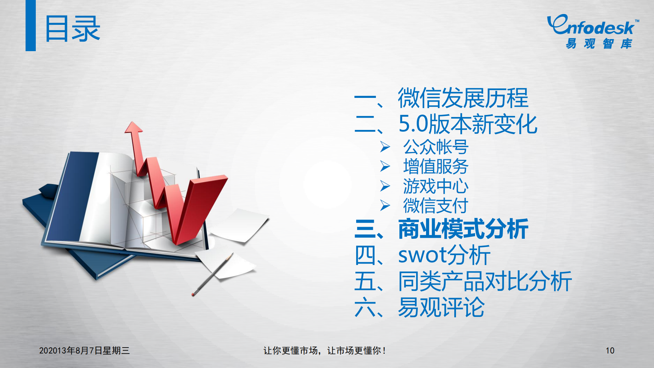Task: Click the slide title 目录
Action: pos(73,29)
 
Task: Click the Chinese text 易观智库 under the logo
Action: pos(599,44)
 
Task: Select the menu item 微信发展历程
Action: pos(463,98)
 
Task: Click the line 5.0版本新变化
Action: pos(468,124)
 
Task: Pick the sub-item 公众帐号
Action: pos(436,147)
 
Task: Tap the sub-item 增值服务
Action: pos(436,167)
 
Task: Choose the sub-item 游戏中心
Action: pos(436,186)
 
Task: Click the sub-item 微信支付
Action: pos(436,206)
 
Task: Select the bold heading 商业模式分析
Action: pos(463,229)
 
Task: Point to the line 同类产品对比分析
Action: pos(485,281)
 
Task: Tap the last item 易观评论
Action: pos(441,307)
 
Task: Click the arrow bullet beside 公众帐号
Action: pos(385,147)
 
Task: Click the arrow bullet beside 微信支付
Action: pos(385,206)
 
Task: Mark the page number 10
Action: pos(610,351)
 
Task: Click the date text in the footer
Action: pos(84,351)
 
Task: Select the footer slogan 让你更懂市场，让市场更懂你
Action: pos(324,351)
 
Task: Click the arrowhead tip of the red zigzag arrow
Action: pos(133,126)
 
